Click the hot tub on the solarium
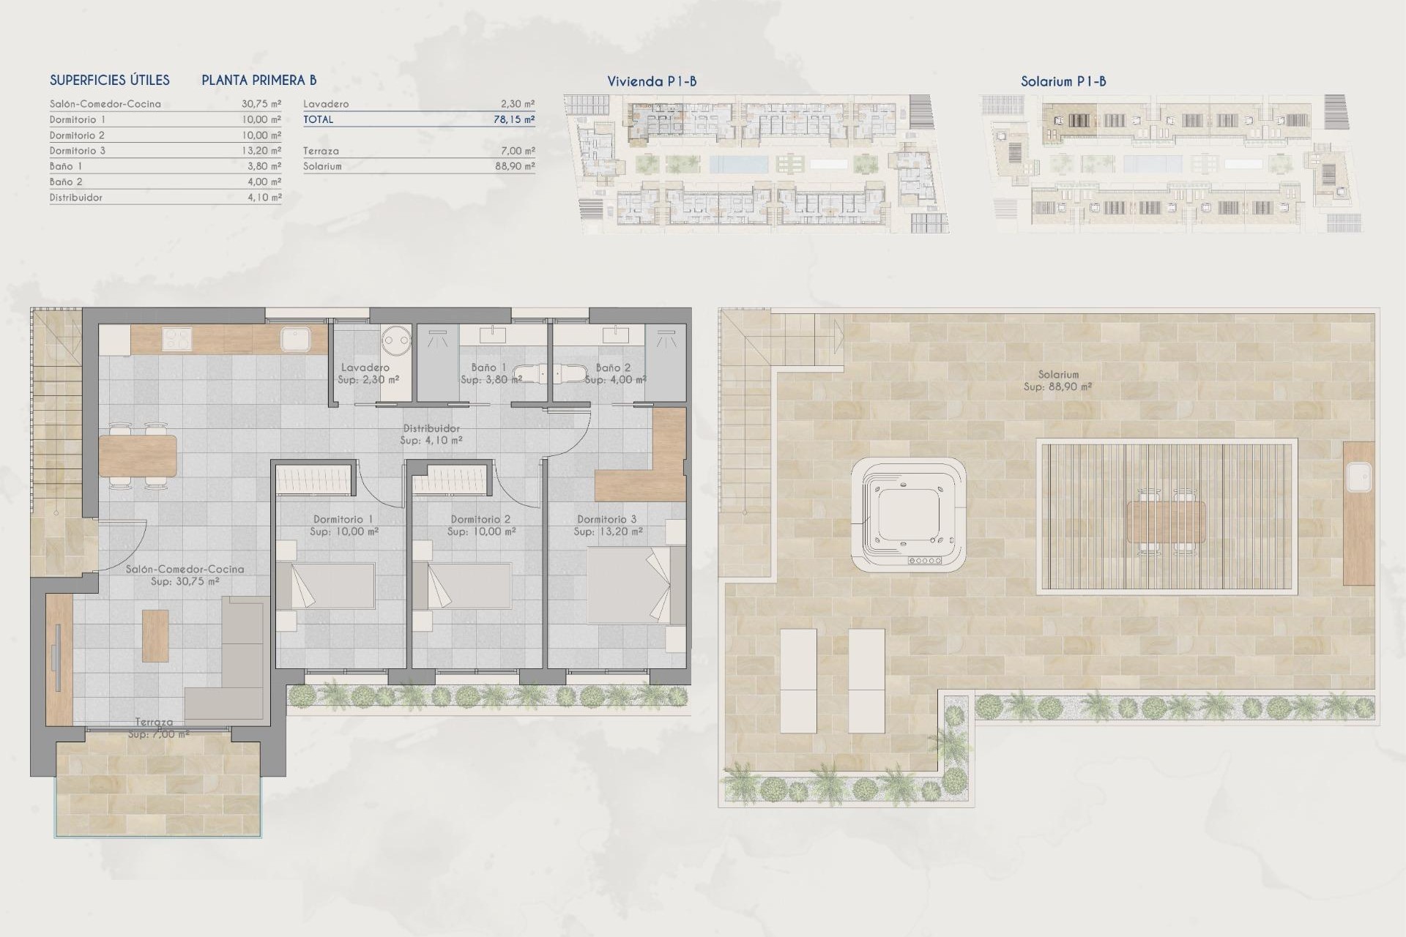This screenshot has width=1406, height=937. click(x=908, y=515)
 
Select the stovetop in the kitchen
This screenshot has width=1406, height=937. click(x=176, y=339)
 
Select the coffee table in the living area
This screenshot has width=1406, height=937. click(x=155, y=635)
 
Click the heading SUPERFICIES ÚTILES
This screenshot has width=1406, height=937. click(x=110, y=81)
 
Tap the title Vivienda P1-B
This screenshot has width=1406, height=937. click(x=652, y=81)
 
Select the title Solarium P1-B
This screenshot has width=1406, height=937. click(x=1063, y=81)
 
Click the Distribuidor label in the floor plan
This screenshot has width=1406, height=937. click(x=431, y=429)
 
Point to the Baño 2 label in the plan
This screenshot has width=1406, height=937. click(x=613, y=368)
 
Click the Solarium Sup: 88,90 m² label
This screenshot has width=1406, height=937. click(x=1057, y=381)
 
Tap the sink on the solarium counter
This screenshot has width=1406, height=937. click(x=1358, y=479)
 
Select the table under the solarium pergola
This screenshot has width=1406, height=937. click(x=1166, y=520)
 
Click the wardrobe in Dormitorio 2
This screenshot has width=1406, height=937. click(x=448, y=482)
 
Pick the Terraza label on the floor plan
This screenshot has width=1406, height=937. click(x=155, y=722)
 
